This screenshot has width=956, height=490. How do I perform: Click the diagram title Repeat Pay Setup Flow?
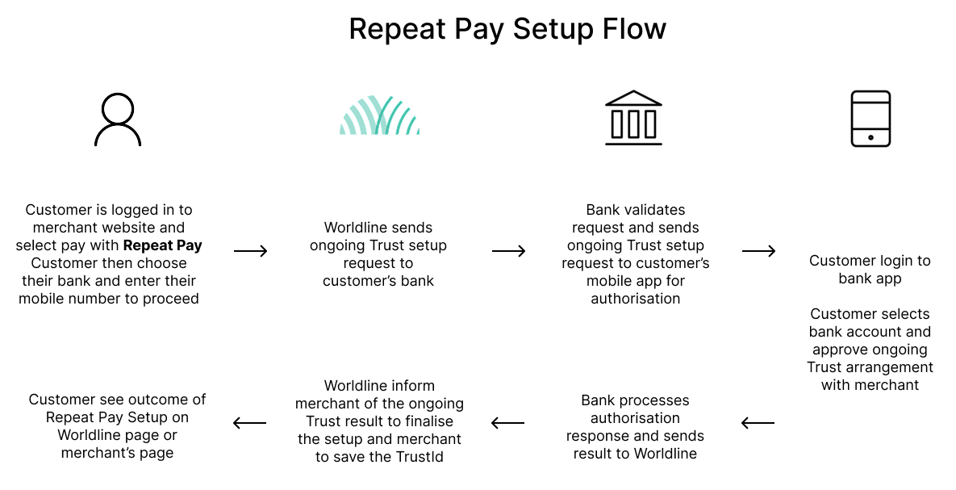(507, 30)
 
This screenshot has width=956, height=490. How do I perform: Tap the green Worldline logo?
(379, 116)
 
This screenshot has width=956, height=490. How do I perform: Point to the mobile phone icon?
(870, 119)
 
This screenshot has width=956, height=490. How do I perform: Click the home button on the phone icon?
(870, 138)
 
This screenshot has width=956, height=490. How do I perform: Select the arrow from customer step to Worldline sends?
(251, 252)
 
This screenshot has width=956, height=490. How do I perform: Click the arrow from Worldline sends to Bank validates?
(508, 252)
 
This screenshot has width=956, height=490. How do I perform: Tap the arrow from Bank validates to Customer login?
(758, 252)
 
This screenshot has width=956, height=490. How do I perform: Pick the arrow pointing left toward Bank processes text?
(758, 423)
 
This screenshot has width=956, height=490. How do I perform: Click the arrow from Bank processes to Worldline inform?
(507, 423)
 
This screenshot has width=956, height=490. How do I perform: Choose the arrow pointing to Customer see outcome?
(249, 423)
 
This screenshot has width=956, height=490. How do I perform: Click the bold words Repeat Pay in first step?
(163, 245)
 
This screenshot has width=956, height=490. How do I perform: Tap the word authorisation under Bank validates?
(636, 299)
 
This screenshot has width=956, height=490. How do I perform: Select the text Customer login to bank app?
(870, 270)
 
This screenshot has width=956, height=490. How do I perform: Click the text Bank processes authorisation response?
(635, 418)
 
